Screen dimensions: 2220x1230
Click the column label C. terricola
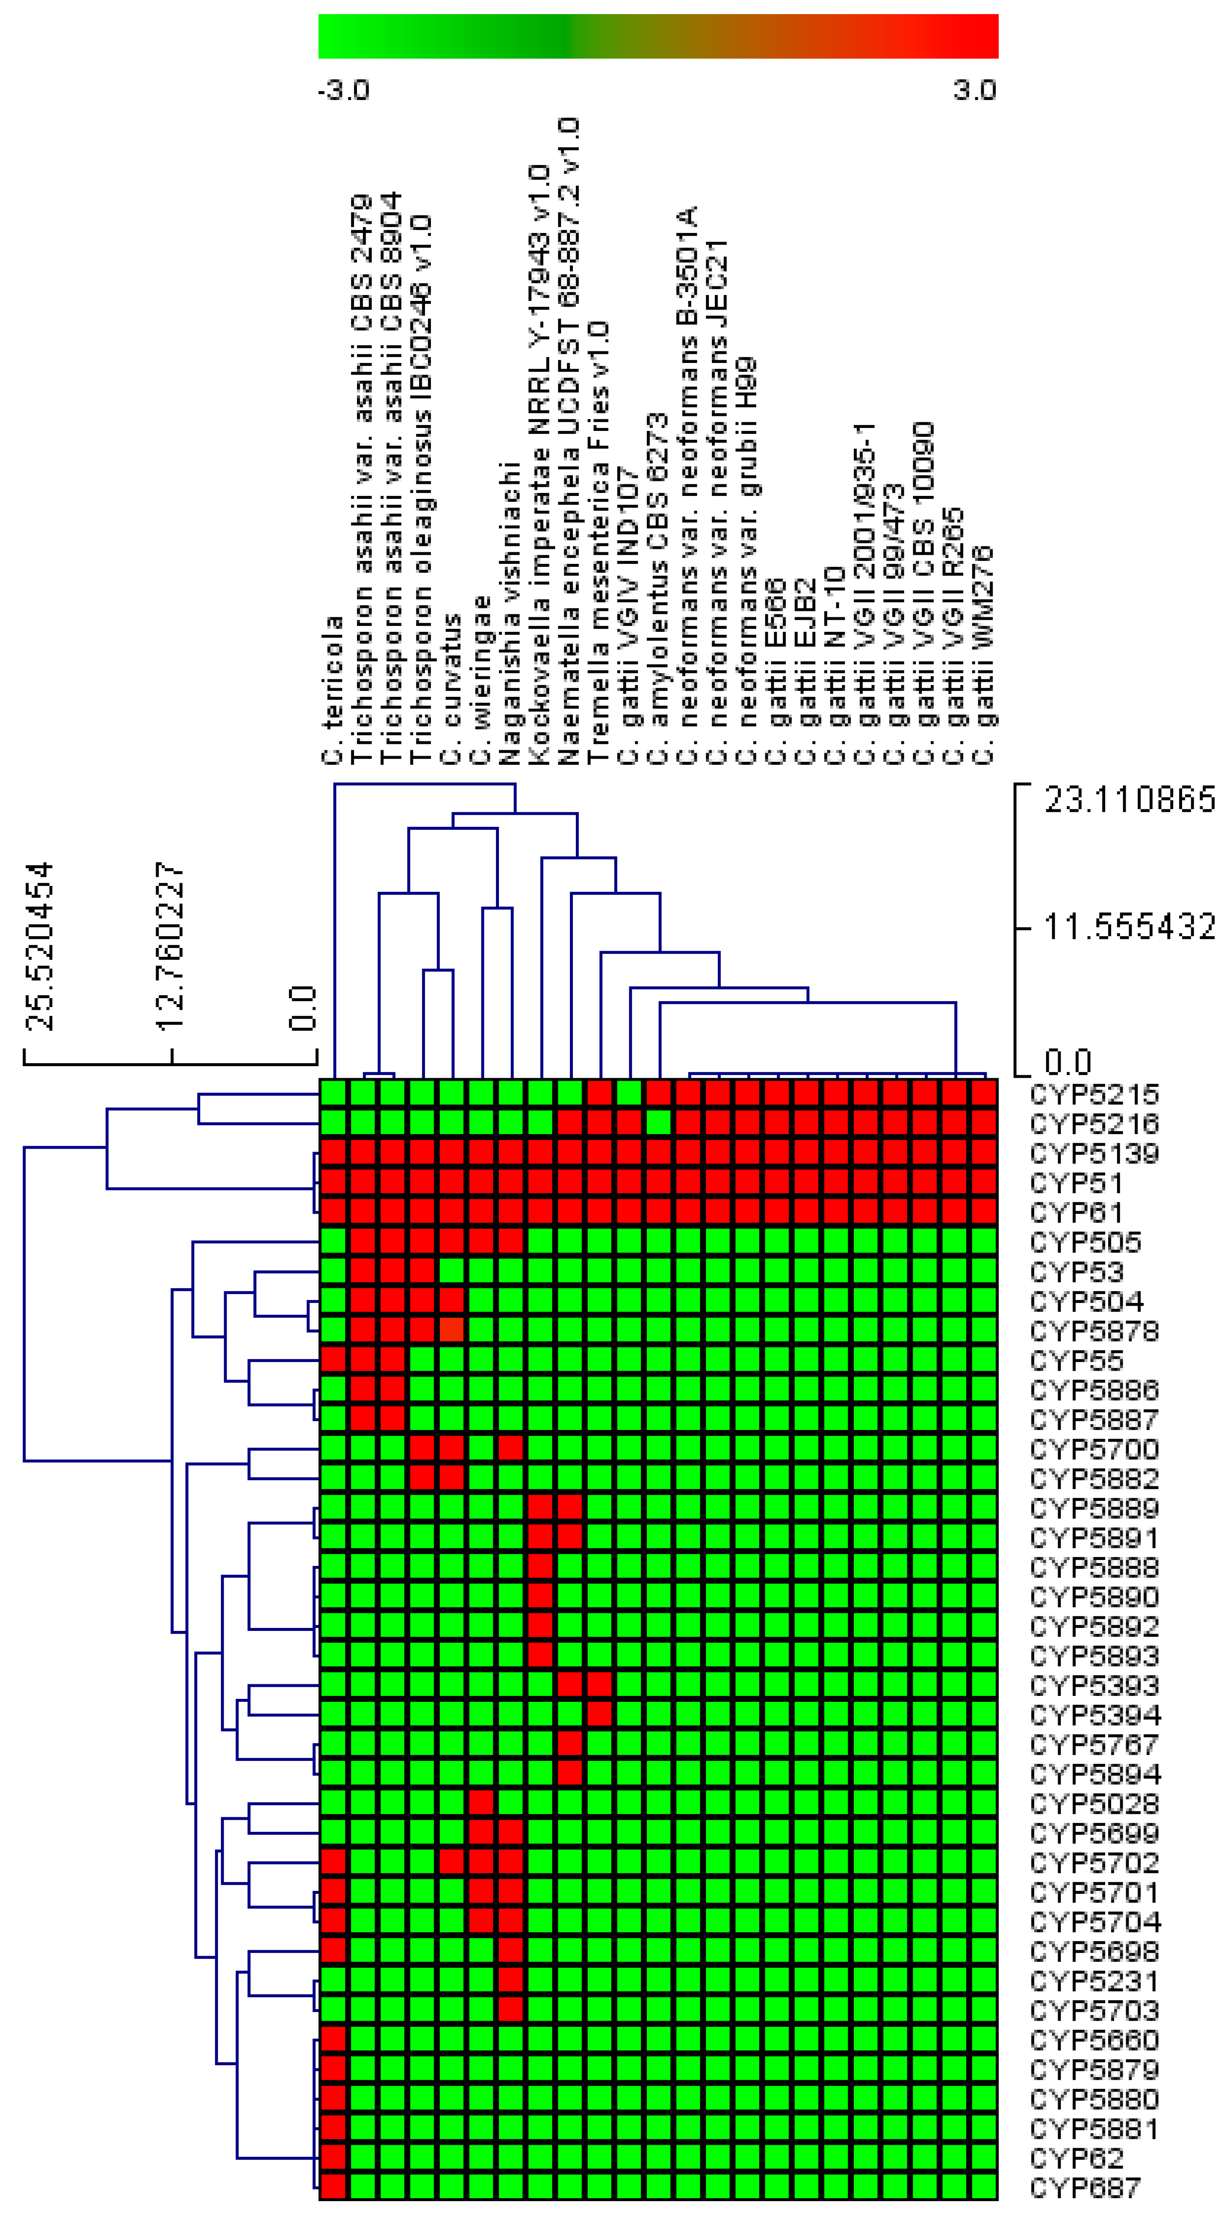[333, 690]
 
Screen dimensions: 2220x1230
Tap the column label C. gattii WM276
[983, 655]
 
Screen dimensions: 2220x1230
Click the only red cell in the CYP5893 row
[540, 1656]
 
